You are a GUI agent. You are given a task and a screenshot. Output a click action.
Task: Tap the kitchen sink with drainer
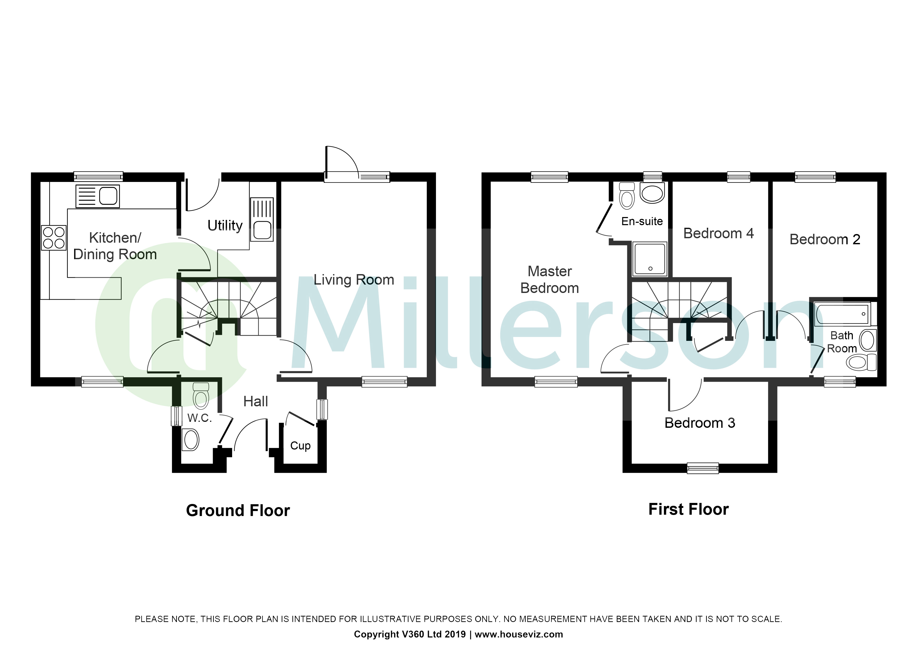(98, 196)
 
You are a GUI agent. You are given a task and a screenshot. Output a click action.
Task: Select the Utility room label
(225, 225)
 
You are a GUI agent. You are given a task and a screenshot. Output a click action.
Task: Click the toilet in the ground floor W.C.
(201, 396)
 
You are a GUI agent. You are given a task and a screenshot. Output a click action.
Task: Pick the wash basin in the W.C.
(190, 440)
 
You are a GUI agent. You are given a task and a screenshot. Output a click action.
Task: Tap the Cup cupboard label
(300, 446)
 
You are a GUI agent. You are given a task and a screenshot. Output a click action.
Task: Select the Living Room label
(354, 280)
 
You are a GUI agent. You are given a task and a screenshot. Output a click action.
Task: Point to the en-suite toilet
(626, 196)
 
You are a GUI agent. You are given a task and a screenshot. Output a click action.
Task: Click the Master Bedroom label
(550, 280)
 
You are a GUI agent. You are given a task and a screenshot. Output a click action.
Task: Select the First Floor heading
(688, 509)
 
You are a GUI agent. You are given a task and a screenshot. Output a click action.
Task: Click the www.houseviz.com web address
(519, 634)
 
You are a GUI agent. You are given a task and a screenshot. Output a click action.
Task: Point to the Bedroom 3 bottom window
(702, 468)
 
